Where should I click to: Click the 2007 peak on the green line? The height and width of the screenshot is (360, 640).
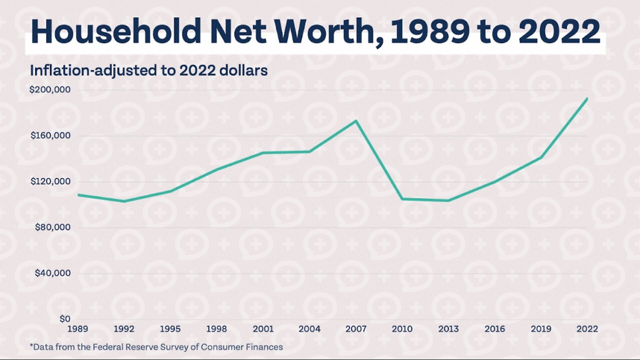click(x=356, y=120)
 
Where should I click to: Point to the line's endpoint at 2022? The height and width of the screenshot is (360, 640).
click(x=587, y=98)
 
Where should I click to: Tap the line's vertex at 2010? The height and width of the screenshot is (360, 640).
click(x=402, y=199)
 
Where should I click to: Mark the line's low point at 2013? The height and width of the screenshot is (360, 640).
click(x=448, y=200)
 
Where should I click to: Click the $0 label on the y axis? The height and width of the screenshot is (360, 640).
click(x=64, y=319)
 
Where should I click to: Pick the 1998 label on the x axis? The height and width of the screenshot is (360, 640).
click(x=217, y=329)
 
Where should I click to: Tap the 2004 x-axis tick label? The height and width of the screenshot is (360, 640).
click(x=309, y=329)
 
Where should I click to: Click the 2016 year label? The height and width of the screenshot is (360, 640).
click(x=494, y=329)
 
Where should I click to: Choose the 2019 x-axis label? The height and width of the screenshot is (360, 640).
click(x=540, y=329)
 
